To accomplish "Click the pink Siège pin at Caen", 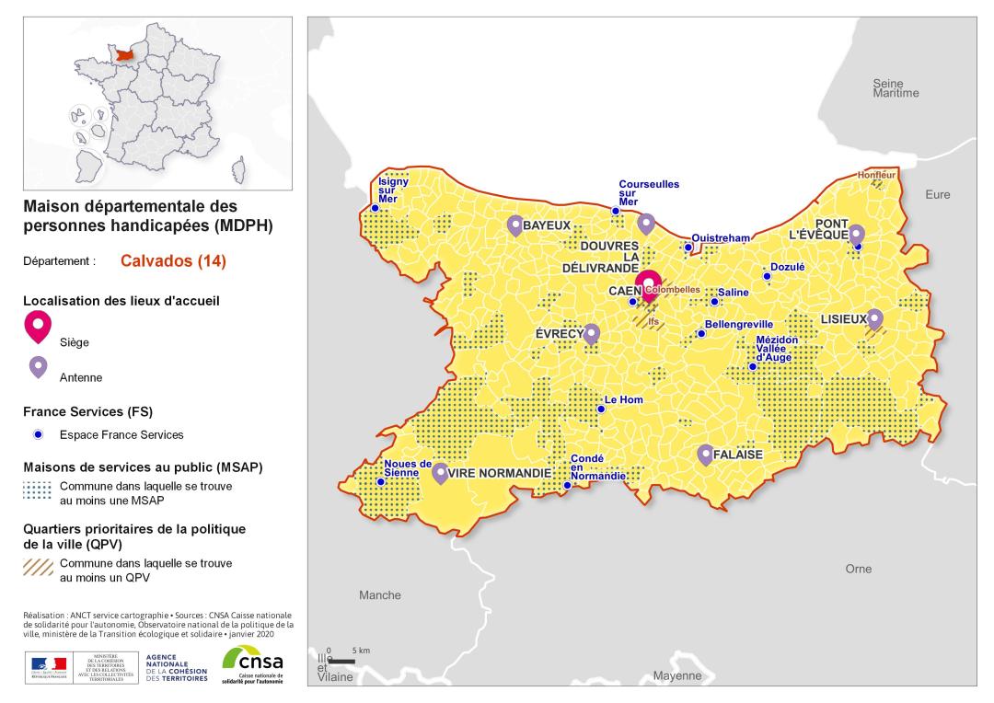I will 650,282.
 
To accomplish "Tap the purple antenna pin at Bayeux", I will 514,225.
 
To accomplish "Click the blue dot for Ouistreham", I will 688,247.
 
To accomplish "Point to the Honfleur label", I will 875,174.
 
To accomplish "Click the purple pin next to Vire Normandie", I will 441,472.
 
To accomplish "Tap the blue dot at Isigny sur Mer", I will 375,208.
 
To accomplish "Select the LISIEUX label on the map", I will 843,319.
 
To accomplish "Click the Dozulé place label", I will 788,267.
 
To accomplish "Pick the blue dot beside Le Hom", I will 601,409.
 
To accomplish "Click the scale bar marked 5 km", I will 342,661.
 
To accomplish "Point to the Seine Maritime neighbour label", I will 896,88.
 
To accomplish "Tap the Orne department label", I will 858,569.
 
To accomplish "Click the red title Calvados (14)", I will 173,261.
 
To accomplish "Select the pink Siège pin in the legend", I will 39,327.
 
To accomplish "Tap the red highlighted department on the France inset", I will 118,56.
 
